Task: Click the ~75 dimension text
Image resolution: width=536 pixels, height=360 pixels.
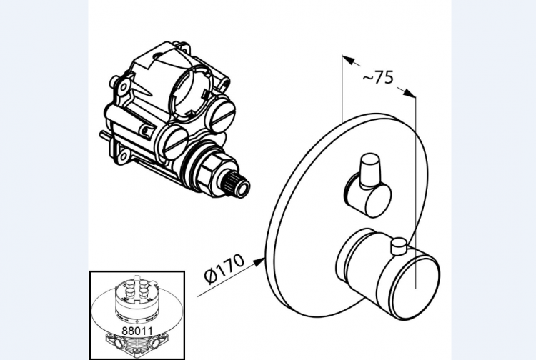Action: click(378, 78)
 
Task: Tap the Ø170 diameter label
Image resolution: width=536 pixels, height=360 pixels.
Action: click(224, 269)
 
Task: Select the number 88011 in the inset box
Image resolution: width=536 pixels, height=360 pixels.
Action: click(137, 331)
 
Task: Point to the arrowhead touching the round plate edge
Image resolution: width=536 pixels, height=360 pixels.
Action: click(259, 261)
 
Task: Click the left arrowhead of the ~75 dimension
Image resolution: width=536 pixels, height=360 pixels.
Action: click(348, 60)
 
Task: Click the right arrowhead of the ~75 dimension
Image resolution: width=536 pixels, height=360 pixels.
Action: click(410, 93)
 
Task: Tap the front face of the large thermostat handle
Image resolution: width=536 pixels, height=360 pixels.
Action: click(415, 286)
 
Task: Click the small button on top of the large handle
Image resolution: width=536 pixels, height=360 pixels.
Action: click(399, 246)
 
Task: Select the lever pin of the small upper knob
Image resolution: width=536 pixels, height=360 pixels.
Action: click(369, 170)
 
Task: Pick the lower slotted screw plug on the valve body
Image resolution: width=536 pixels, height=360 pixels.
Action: click(175, 141)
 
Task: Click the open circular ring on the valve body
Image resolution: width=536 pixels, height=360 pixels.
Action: click(189, 91)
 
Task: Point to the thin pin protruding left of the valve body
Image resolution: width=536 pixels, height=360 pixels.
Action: click(104, 135)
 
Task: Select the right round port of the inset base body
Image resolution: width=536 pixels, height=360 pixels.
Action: click(155, 342)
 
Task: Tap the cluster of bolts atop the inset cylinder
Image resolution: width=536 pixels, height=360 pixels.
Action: click(137, 286)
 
